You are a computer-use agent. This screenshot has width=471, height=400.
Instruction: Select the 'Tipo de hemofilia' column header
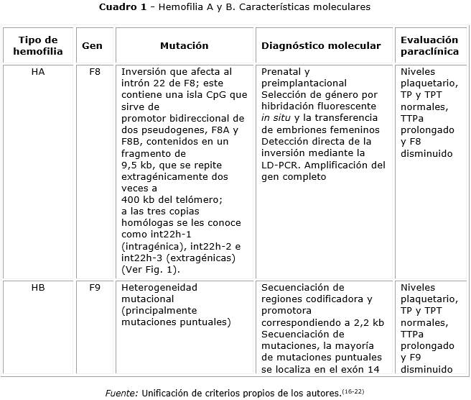[x=38, y=45]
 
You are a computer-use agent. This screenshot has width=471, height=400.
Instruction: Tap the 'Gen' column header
[x=92, y=45]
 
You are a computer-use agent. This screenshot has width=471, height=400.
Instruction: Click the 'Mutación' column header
[x=184, y=45]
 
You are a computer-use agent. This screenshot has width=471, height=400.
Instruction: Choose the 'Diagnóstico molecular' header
[x=321, y=45]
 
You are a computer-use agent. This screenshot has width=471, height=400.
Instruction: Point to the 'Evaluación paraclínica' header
[x=429, y=45]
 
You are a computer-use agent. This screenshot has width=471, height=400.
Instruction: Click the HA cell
[x=38, y=72]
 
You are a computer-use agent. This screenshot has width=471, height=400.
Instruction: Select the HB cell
[x=38, y=287]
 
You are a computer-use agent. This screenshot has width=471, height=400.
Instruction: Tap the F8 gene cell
[x=94, y=72]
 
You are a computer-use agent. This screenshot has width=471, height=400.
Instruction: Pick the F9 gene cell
[x=94, y=287]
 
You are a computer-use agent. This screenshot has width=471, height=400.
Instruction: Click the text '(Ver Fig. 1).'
[x=151, y=270]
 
